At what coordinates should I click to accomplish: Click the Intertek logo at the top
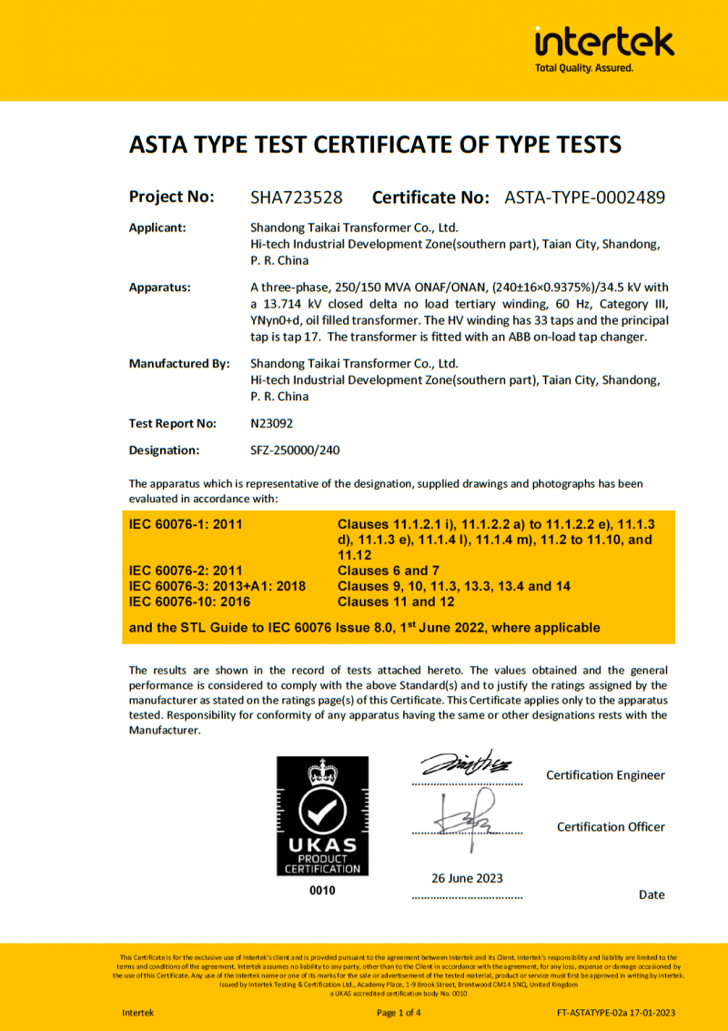604,42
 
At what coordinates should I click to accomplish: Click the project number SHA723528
297,197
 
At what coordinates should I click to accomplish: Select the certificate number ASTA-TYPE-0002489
584,197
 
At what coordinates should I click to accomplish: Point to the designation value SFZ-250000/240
295,450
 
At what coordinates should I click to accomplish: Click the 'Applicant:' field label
157,227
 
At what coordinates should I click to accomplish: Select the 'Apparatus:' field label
160,288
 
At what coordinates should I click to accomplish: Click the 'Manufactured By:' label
179,364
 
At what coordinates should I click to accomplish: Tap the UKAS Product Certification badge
323,816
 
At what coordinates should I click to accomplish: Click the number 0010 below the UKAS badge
323,891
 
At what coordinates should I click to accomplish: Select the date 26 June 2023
467,878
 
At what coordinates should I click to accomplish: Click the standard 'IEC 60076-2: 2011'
186,571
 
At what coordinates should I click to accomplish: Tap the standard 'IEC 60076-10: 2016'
189,601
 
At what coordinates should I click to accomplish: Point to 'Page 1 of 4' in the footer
399,1013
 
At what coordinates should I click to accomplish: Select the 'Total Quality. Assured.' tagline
583,68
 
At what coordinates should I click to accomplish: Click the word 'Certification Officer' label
611,827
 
